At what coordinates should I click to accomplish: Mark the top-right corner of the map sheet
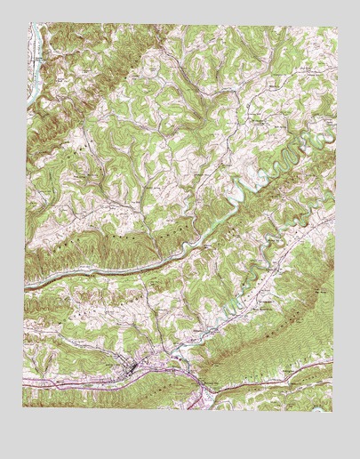pyautogui.click(x=338, y=28)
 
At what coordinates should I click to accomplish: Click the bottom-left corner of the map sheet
pyautogui.click(x=23, y=407)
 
